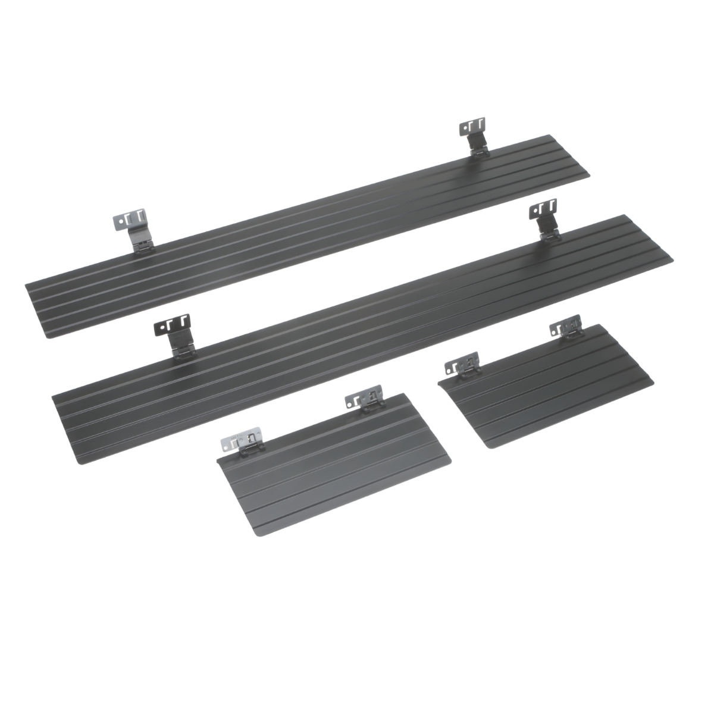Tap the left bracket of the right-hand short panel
[x=463, y=365]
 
